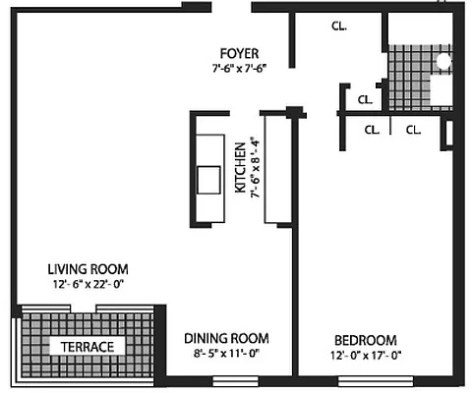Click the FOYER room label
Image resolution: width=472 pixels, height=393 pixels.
coord(240,53)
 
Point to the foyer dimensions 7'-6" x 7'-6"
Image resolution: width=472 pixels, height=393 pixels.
coord(240,68)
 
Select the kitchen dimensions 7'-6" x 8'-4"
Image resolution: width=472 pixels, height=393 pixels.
coord(254,168)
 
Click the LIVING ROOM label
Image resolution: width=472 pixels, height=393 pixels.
coord(88,269)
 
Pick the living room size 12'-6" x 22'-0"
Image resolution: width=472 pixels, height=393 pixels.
coord(88,284)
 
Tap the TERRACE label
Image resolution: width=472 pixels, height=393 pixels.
coord(88,347)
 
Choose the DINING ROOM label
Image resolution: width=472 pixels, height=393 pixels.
coord(226,338)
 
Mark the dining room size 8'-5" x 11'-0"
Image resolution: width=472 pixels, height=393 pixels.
coord(226,353)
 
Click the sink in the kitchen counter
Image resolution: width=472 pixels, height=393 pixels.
coord(209,181)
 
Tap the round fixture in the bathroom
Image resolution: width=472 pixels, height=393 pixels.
coord(442,60)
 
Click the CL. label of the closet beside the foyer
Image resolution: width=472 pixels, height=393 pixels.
coord(337,27)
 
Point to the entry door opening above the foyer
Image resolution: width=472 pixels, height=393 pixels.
coord(231,7)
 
